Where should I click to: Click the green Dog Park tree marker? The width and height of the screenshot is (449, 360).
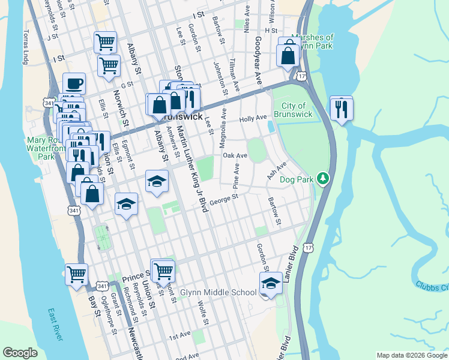pos(323,178)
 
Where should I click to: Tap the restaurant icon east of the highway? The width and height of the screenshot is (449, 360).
pos(341,109)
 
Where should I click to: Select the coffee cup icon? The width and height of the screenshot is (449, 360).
pos(74,84)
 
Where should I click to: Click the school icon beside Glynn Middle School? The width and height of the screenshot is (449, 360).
pos(271,283)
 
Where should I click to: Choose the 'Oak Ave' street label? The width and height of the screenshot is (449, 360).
pos(235,155)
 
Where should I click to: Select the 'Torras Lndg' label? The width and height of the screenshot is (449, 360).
pos(26,48)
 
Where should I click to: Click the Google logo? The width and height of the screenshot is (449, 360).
pos(20,353)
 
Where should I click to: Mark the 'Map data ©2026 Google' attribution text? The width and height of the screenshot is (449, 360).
pos(411,355)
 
